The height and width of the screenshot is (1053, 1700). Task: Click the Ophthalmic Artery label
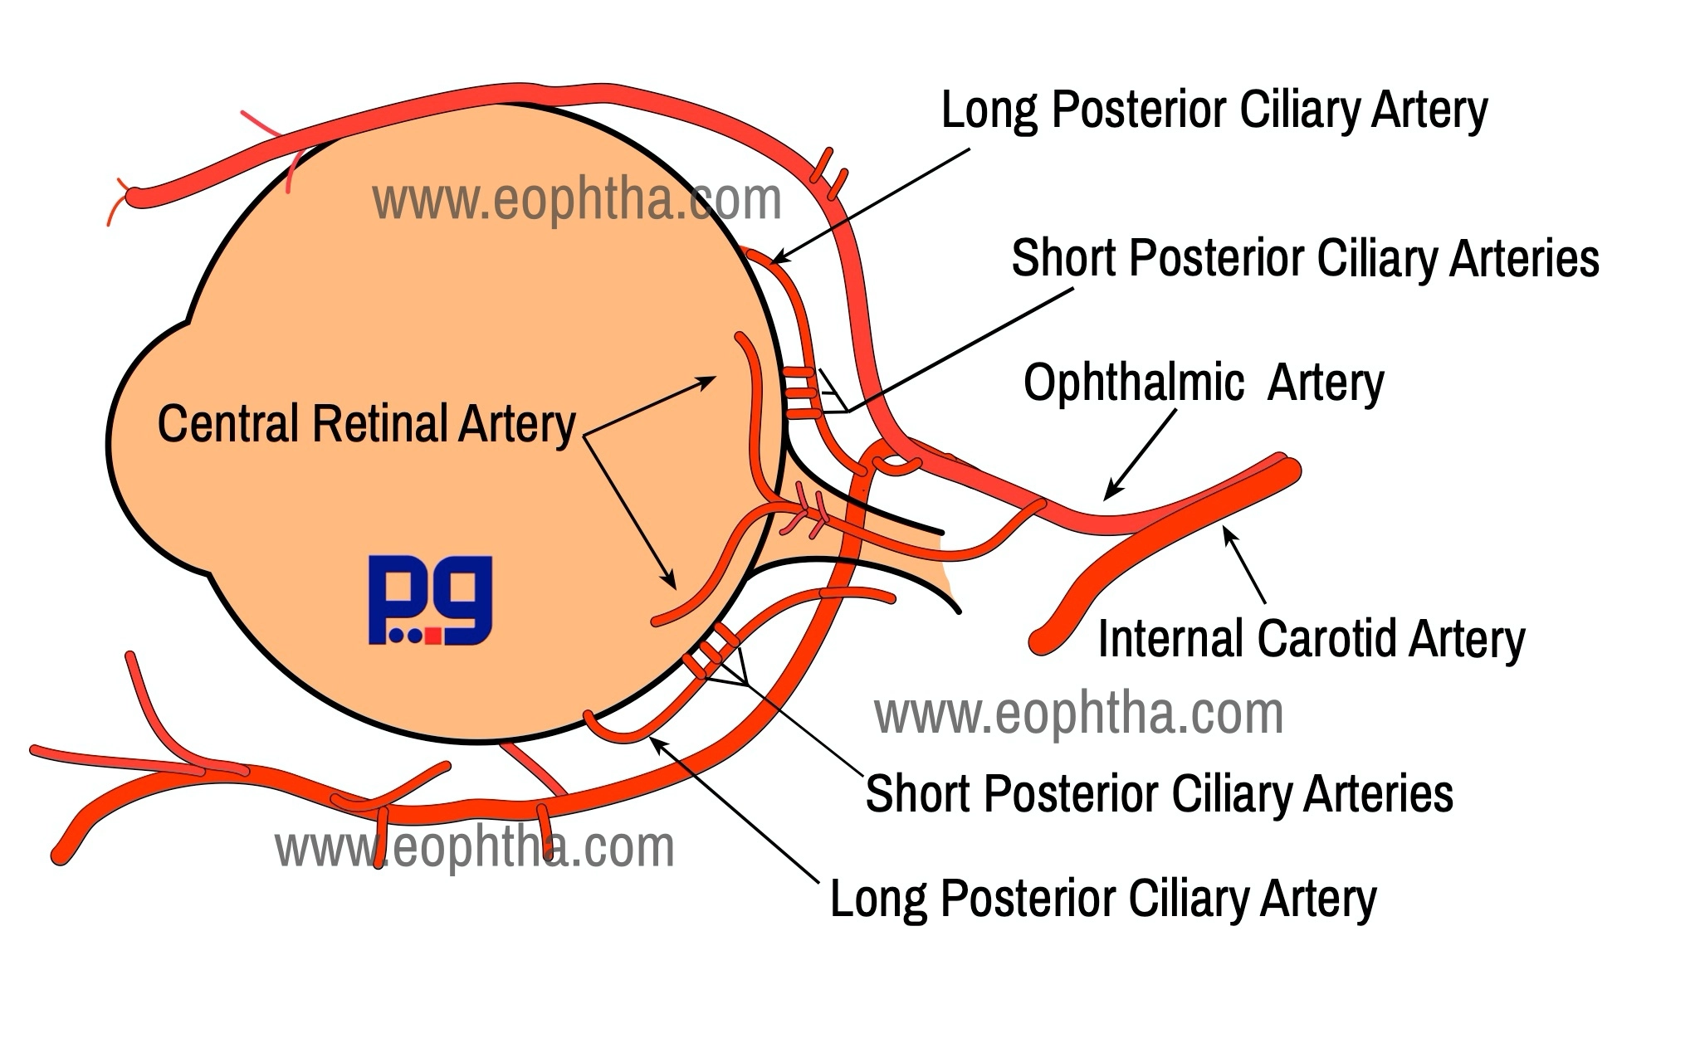coord(1204,383)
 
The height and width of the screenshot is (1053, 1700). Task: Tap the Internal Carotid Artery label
coord(1312,640)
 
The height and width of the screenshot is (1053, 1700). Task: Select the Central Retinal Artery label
coord(366,424)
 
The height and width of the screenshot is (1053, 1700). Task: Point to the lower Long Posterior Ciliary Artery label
coord(1103,899)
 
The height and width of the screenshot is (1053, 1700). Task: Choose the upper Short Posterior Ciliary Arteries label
coord(1305,258)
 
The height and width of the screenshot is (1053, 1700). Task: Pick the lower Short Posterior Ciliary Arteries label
coord(1159,793)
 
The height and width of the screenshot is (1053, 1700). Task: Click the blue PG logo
coord(430,600)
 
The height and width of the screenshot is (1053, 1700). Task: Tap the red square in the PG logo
coord(432,636)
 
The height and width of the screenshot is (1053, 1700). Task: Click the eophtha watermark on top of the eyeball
coord(577,200)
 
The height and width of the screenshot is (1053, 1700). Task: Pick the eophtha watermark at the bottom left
coord(475,847)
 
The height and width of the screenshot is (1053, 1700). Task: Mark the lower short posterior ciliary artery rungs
coord(711,651)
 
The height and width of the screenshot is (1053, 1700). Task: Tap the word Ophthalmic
coord(1134,383)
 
